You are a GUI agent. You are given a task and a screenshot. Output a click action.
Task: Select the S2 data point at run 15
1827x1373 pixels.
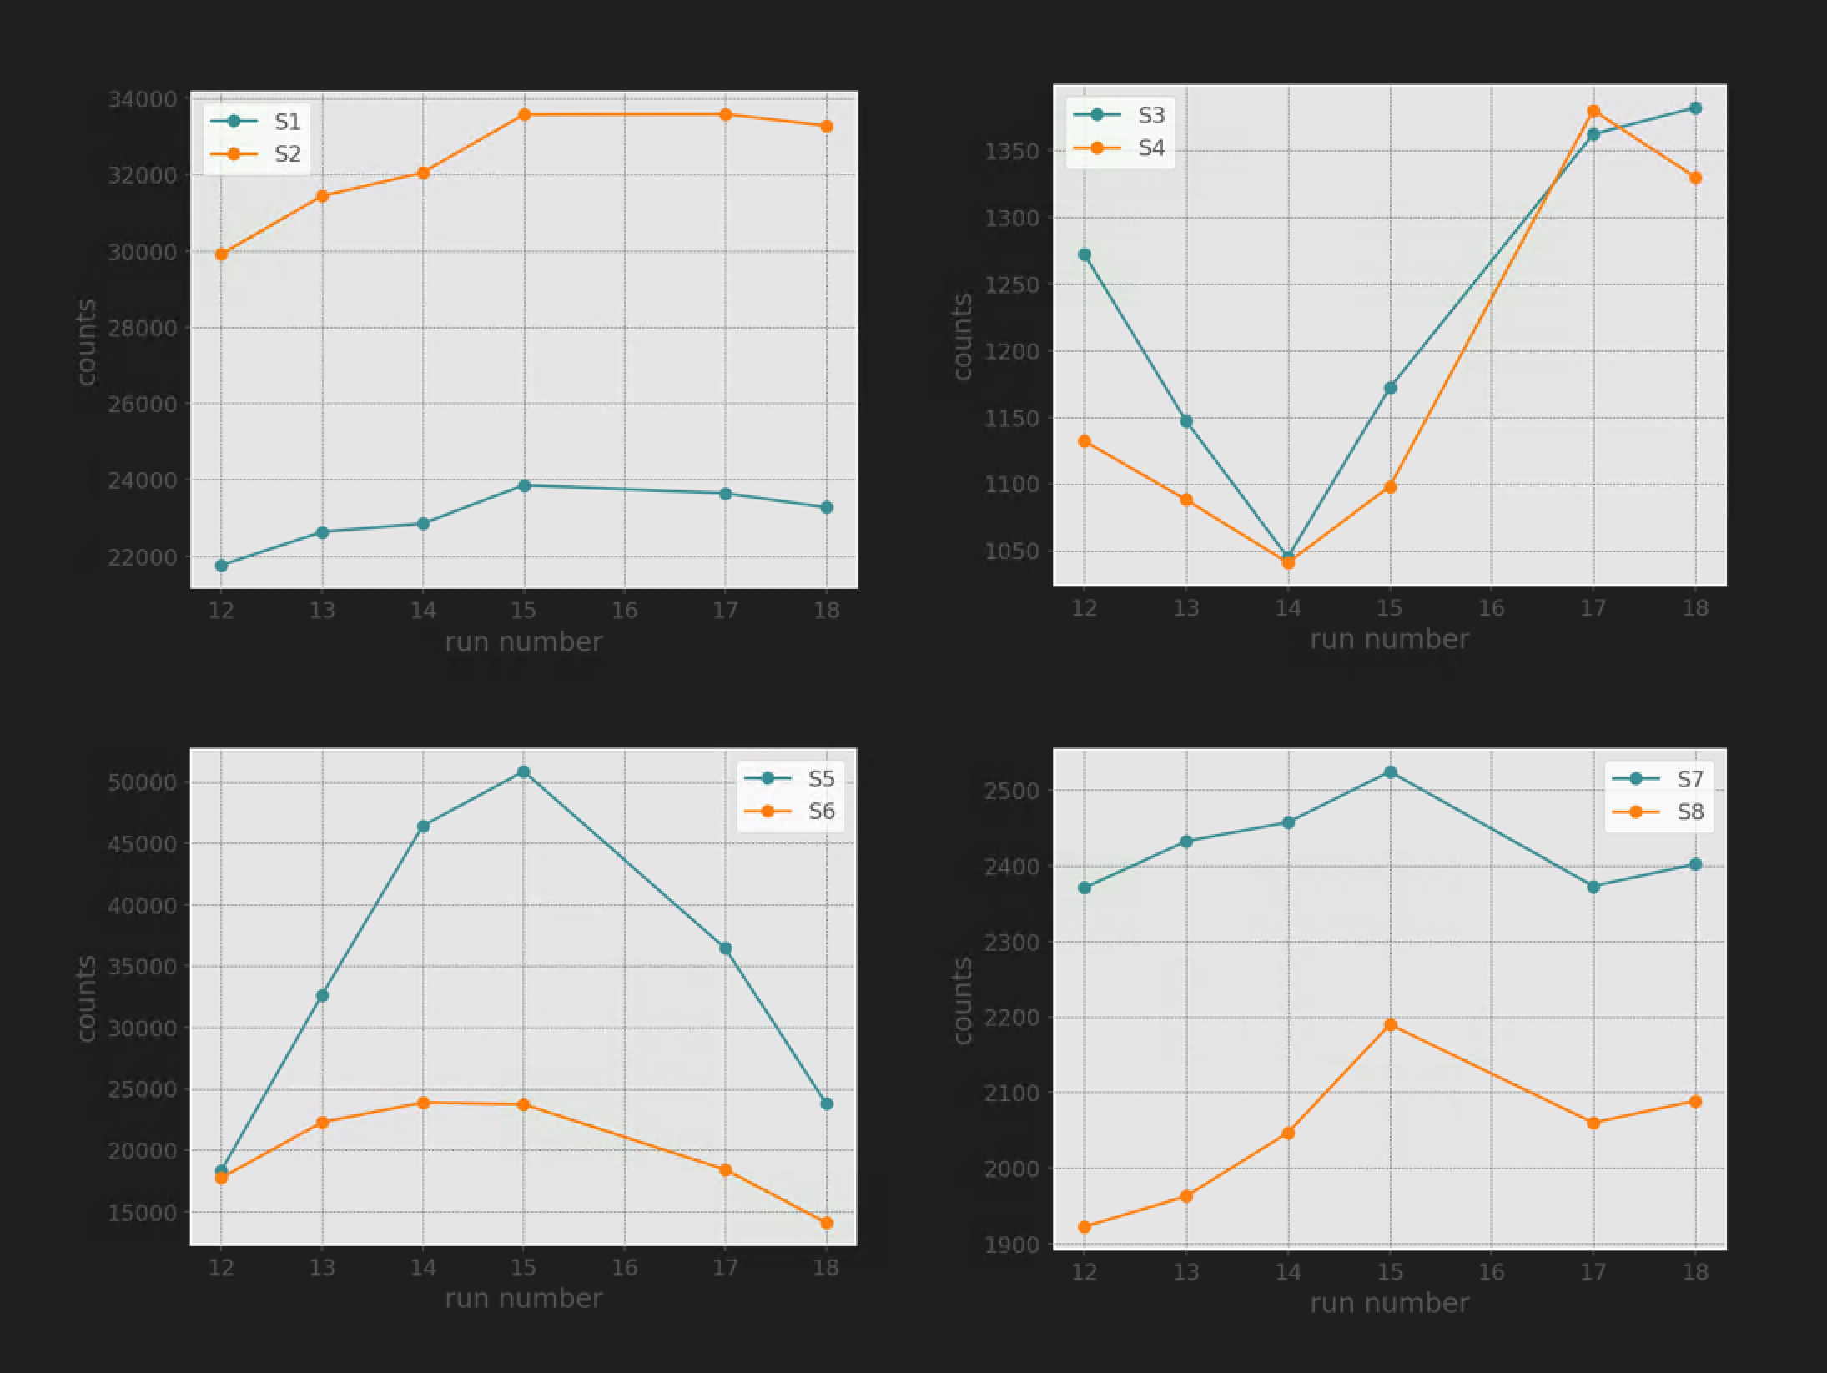[524, 114]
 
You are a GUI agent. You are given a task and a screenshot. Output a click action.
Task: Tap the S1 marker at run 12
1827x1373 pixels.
[221, 565]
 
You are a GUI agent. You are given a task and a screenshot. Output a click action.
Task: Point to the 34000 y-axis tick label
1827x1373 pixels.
[142, 99]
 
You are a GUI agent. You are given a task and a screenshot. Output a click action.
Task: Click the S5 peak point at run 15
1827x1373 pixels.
[524, 772]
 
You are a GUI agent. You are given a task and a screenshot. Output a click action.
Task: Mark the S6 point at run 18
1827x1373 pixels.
[827, 1223]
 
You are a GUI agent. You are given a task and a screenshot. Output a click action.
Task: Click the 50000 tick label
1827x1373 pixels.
[142, 782]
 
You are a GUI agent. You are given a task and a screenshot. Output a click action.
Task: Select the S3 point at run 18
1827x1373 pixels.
[1695, 108]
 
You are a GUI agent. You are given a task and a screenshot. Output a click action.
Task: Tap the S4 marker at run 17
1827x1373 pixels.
[1593, 111]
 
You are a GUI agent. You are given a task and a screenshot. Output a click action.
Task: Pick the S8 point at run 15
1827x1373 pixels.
[1390, 1024]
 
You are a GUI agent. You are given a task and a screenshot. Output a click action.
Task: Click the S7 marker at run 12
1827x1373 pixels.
[1084, 888]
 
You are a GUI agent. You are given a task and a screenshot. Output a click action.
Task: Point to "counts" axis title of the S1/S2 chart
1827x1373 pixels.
[87, 342]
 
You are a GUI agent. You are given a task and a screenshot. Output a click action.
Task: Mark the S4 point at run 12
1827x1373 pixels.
[1084, 441]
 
